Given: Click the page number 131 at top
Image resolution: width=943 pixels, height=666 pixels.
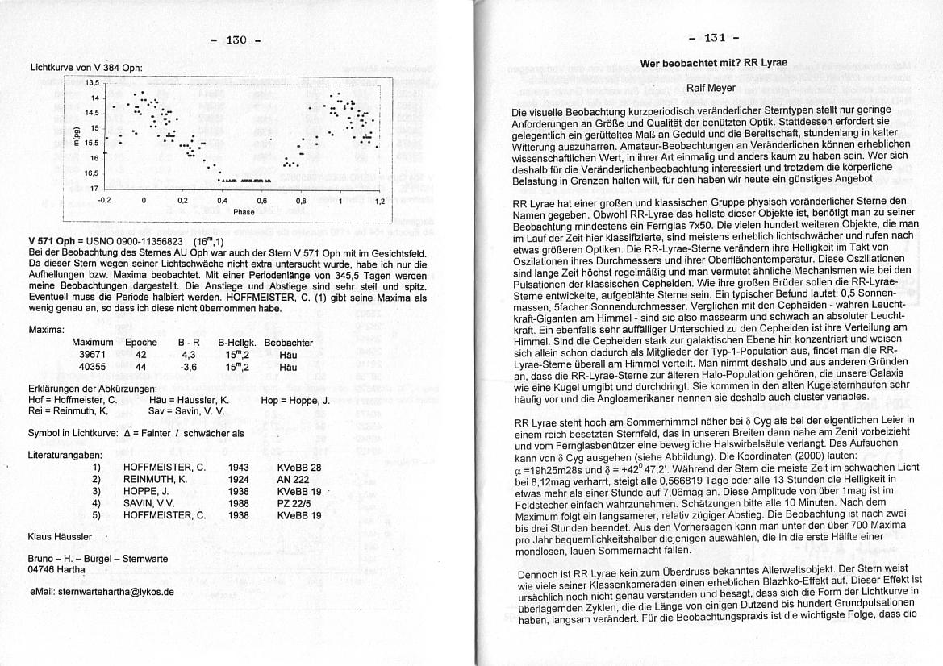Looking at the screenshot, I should [713, 38].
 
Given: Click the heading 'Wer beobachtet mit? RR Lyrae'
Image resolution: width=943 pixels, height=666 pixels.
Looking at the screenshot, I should [713, 63].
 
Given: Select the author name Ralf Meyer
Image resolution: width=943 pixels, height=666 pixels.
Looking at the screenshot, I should [711, 88].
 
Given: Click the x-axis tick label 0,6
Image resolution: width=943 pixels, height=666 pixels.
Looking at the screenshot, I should [262, 200].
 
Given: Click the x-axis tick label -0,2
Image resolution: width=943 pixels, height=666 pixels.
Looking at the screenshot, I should [103, 200].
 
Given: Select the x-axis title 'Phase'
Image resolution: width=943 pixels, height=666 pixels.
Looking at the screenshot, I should [244, 212].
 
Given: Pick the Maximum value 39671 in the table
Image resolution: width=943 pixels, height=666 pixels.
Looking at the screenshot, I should [92, 354].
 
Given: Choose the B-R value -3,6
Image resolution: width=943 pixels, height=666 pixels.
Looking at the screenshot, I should [187, 367].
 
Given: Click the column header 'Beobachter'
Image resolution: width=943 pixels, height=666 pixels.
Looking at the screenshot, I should [288, 343].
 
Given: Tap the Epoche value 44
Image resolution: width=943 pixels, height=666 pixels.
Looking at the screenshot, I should [140, 367].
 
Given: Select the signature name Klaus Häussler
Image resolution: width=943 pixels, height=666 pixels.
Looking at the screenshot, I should [60, 536].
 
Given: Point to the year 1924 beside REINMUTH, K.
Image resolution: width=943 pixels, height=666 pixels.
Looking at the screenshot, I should [238, 479].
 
